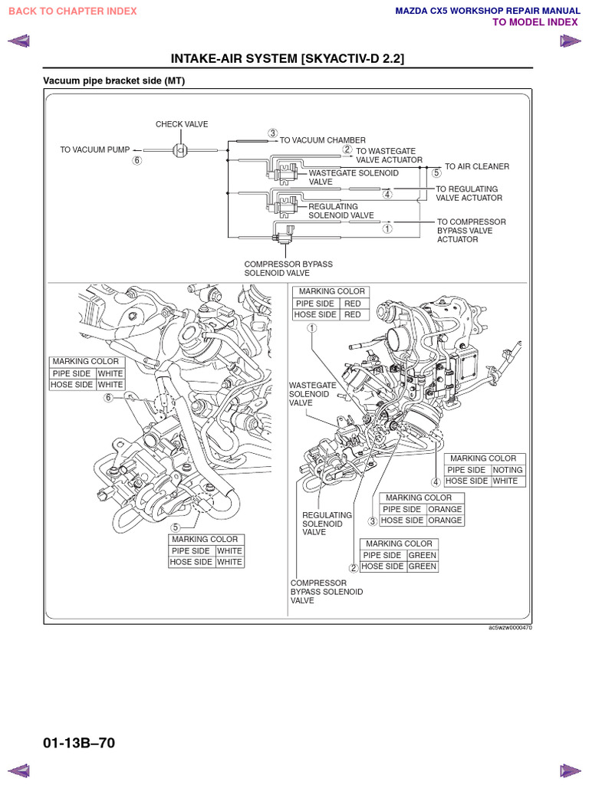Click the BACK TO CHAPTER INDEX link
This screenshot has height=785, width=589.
pyautogui.click(x=72, y=11)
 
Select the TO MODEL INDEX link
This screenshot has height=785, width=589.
pyautogui.click(x=535, y=22)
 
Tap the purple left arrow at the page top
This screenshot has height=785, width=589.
pyautogui.click(x=18, y=41)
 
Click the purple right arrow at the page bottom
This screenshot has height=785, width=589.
pyautogui.click(x=570, y=770)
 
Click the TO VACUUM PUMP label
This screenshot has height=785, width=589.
pyautogui.click(x=95, y=150)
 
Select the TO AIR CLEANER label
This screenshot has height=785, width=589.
pyautogui.click(x=476, y=166)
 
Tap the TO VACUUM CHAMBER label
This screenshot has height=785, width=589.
pyautogui.click(x=322, y=140)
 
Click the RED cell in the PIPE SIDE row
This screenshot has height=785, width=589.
pyautogui.click(x=352, y=304)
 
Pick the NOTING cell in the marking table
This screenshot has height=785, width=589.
pyautogui.click(x=507, y=470)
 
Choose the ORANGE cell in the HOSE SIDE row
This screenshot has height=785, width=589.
pyautogui.click(x=445, y=521)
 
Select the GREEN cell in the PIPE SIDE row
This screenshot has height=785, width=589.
pyautogui.click(x=422, y=555)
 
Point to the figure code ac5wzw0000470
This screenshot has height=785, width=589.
pyautogui.click(x=509, y=627)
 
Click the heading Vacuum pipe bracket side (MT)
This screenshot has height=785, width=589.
pyautogui.click(x=114, y=80)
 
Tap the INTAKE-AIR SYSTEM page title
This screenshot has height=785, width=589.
pyautogui.click(x=288, y=59)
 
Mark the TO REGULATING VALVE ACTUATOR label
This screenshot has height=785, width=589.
pyautogui.click(x=469, y=193)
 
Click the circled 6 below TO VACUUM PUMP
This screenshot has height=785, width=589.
pyautogui.click(x=137, y=161)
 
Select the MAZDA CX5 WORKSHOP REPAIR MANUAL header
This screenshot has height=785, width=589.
pyautogui.click(x=486, y=11)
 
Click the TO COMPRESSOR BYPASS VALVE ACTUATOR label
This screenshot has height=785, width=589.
pyautogui.click(x=471, y=230)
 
